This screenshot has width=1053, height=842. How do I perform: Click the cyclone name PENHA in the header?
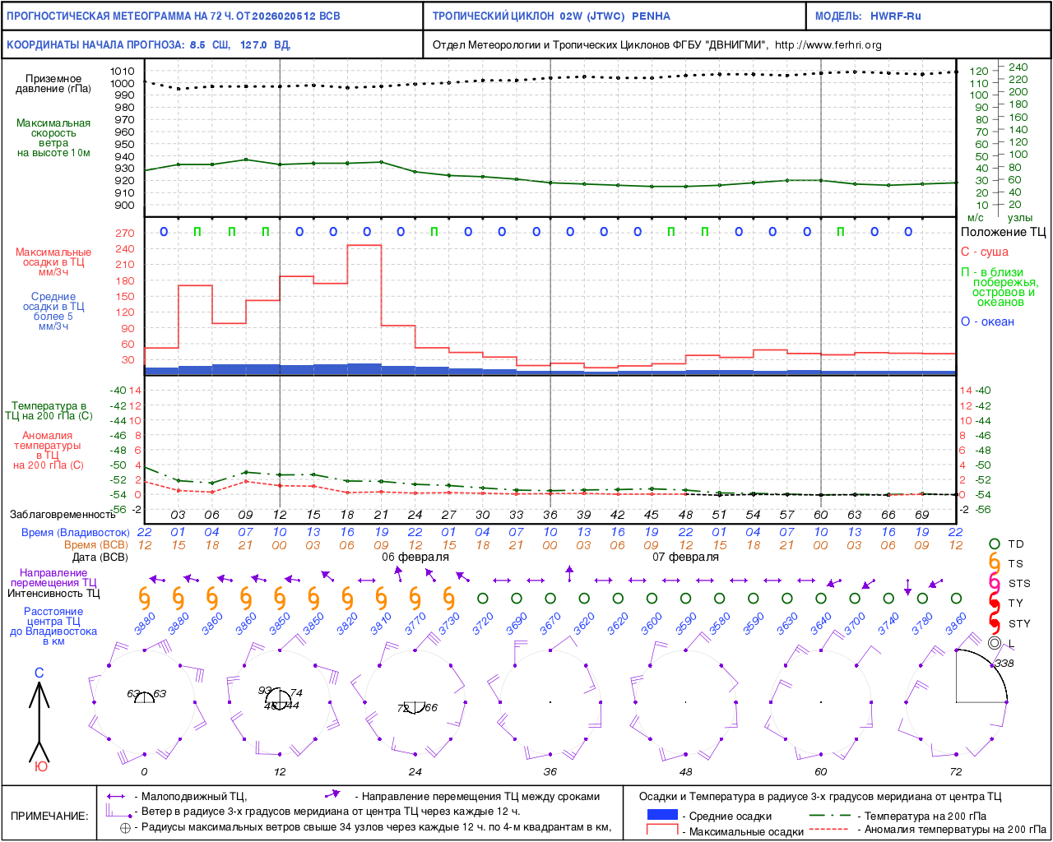(x=651, y=16)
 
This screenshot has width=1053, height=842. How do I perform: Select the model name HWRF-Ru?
(x=896, y=16)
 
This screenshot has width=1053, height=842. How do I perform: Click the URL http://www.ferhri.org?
(x=828, y=45)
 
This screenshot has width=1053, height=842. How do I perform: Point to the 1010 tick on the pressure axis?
(x=123, y=72)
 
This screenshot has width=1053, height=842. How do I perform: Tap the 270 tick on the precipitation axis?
(x=125, y=234)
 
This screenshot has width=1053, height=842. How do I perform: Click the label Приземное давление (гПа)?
(x=53, y=84)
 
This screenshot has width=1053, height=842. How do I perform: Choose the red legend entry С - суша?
(x=984, y=252)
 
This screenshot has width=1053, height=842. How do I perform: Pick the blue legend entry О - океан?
(x=987, y=322)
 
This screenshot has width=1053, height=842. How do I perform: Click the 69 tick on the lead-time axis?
(x=922, y=515)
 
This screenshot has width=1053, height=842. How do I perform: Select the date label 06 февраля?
(x=415, y=557)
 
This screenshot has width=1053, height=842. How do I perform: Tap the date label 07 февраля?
(x=685, y=557)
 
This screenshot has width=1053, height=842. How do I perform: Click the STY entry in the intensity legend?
(x=1019, y=623)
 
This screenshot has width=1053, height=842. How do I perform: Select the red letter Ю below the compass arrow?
(x=40, y=766)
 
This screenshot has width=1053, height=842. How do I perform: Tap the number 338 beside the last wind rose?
(x=1004, y=664)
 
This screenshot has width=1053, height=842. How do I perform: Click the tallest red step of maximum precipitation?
(x=364, y=246)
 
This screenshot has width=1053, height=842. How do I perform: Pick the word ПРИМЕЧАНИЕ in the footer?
(x=49, y=816)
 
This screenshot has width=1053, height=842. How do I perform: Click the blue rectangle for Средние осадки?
(x=662, y=815)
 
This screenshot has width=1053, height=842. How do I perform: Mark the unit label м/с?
(x=976, y=218)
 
